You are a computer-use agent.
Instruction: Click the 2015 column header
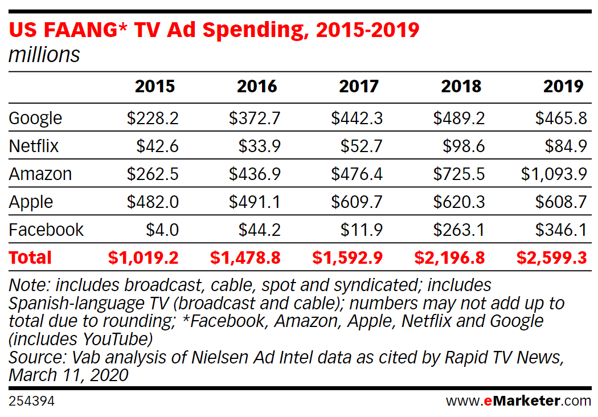[x=155, y=86]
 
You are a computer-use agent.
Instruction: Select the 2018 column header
[x=461, y=86]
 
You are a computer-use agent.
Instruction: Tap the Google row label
[x=35, y=118]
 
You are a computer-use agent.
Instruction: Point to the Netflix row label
[x=34, y=146]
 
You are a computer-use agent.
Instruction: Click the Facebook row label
[x=46, y=230]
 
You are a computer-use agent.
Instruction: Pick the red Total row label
[x=30, y=257]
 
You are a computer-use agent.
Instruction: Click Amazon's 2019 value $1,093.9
[x=554, y=174]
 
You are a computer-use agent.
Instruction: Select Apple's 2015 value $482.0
[x=153, y=202]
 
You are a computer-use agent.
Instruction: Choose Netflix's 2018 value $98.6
[x=464, y=146]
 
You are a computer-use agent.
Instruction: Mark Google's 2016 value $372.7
[x=255, y=118]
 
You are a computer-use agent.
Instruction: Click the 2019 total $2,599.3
[x=551, y=257]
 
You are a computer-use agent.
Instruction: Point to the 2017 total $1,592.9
[x=347, y=257]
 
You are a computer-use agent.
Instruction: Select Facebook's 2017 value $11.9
[x=362, y=230]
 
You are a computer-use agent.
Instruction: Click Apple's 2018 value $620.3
[x=459, y=202]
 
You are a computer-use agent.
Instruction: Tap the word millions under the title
[x=44, y=55]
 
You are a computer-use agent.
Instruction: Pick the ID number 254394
[x=31, y=401]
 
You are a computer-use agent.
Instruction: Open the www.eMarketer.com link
[x=518, y=401]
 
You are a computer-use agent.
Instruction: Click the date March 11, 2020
[x=68, y=375]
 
